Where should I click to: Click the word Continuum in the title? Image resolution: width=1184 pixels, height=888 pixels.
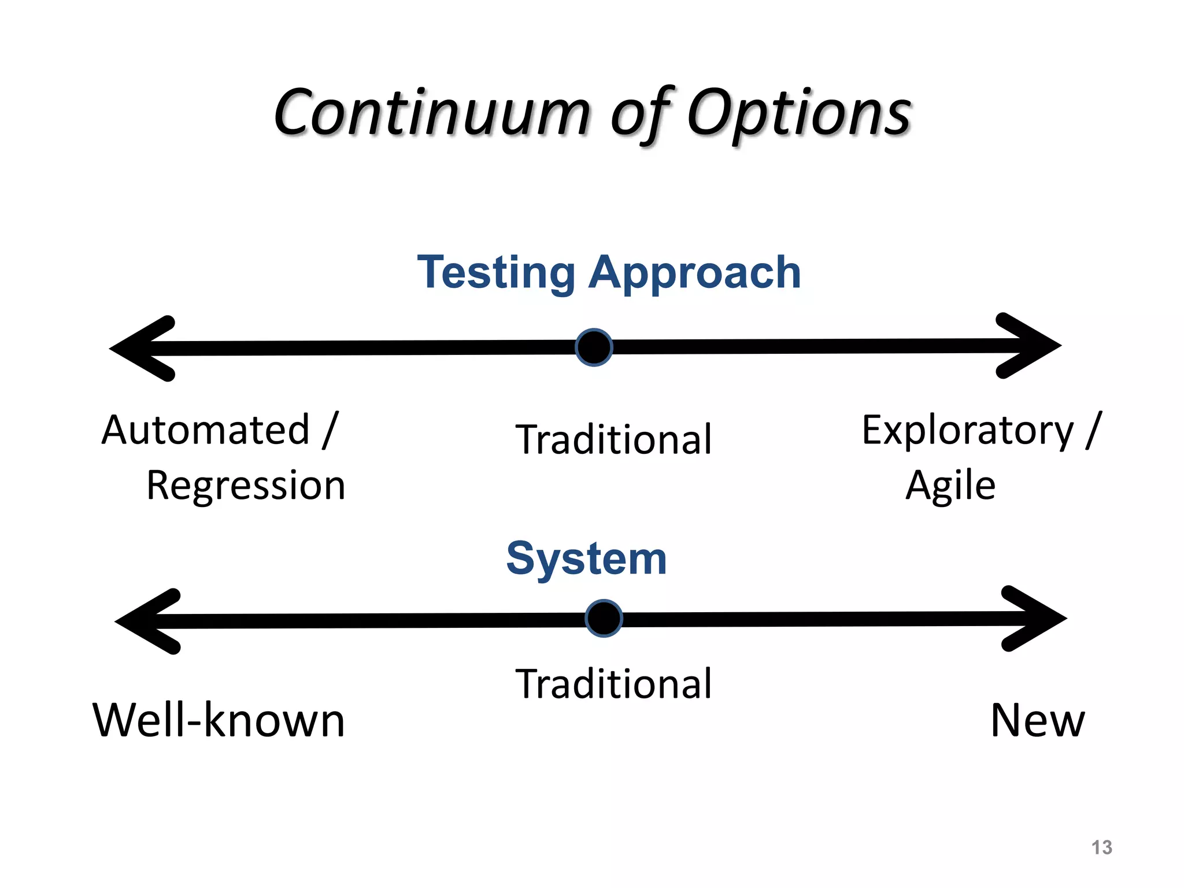[x=431, y=113]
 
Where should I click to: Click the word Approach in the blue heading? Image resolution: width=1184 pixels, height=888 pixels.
[x=694, y=273]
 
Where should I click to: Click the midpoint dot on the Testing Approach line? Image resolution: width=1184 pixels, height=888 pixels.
[x=594, y=347]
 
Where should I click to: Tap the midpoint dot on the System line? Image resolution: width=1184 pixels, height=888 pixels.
[x=604, y=619]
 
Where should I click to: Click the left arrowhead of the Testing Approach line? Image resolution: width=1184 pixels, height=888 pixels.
[x=142, y=349]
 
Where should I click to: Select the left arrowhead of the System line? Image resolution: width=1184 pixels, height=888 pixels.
[x=147, y=621]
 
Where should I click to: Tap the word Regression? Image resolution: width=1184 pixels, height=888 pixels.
[x=246, y=485]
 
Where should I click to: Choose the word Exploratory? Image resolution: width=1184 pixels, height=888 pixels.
[x=967, y=430]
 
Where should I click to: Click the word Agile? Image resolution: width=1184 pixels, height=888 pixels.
[x=950, y=486]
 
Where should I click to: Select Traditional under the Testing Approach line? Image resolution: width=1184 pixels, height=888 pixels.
[x=613, y=439]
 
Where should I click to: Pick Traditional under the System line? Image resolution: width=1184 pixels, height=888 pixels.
[x=613, y=684]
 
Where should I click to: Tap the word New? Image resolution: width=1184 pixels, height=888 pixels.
[x=1038, y=720]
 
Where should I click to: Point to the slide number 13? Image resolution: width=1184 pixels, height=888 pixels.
[x=1101, y=848]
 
